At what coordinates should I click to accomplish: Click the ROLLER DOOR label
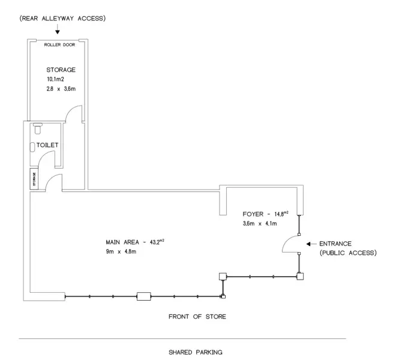(x=59, y=44)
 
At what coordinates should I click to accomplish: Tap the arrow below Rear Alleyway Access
(x=58, y=29)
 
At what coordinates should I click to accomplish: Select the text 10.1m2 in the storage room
(x=55, y=79)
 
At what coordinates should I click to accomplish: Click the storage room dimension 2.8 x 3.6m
(x=61, y=89)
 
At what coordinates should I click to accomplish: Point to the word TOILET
(x=47, y=145)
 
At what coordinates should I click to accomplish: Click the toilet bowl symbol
(x=38, y=128)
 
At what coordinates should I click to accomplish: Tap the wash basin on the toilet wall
(x=32, y=147)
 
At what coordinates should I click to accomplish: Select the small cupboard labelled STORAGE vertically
(x=34, y=179)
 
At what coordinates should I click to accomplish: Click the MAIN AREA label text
(x=122, y=242)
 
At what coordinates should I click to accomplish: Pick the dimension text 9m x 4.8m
(x=121, y=251)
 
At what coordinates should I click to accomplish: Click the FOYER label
(x=253, y=214)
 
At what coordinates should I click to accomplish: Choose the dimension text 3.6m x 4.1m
(x=260, y=223)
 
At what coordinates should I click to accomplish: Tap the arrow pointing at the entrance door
(x=311, y=244)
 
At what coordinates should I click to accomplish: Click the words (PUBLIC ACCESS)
(x=348, y=253)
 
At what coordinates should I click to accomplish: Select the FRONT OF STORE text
(x=197, y=317)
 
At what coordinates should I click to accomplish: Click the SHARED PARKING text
(x=196, y=352)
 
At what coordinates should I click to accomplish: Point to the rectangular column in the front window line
(x=144, y=296)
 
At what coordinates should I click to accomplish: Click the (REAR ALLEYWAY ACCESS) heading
(x=62, y=19)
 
